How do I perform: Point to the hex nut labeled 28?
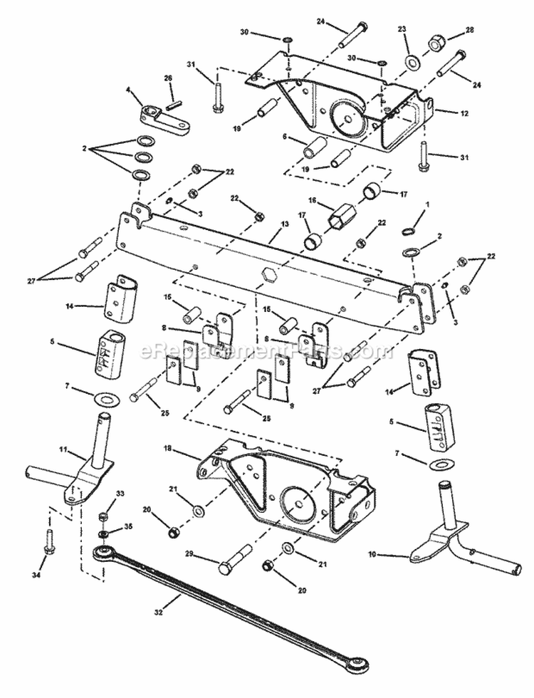pyautogui.click(x=434, y=43)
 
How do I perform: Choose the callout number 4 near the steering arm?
pyautogui.click(x=129, y=90)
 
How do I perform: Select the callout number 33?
pyautogui.click(x=100, y=494)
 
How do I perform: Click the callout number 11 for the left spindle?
pyautogui.click(x=63, y=451)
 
